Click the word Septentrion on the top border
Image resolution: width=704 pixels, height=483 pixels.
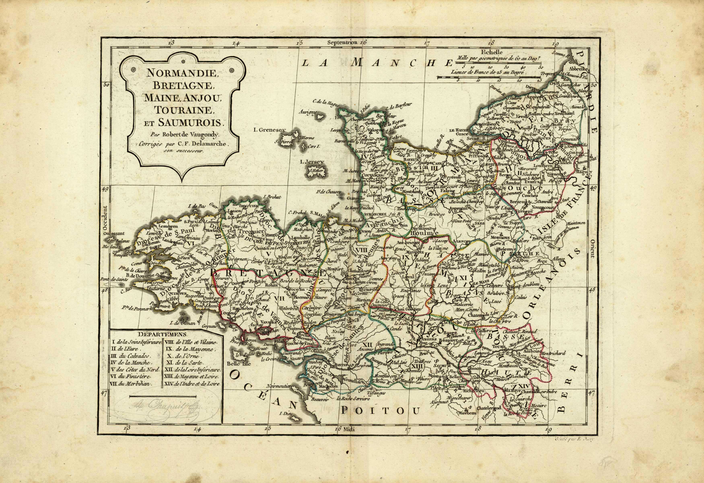[x=342, y=43]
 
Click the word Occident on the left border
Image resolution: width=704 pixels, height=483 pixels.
[x=105, y=218]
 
